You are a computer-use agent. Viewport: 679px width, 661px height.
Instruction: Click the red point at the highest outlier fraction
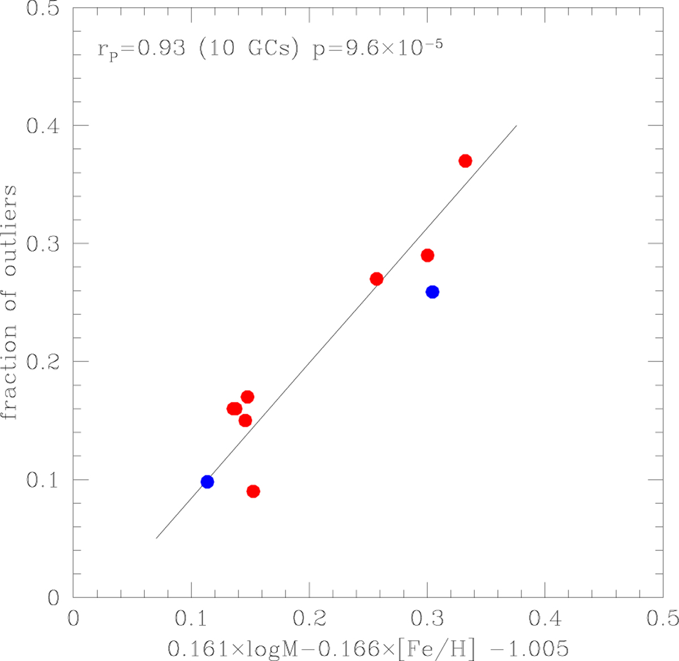pos(465,161)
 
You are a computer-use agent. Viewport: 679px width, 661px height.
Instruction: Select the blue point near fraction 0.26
pos(432,292)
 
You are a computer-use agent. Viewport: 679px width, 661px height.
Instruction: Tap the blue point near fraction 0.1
pos(207,482)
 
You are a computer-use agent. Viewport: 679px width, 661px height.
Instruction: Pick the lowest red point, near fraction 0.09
pos(253,491)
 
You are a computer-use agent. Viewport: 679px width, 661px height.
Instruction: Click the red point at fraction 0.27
pos(376,279)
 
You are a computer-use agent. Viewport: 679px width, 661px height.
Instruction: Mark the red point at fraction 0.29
pos(428,255)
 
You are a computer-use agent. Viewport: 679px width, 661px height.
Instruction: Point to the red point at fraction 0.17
pos(247,397)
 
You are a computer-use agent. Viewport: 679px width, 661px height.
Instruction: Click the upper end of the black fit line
pos(516,126)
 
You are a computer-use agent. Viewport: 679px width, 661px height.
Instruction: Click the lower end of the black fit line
pos(156,538)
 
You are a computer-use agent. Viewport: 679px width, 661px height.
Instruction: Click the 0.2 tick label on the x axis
pos(309,617)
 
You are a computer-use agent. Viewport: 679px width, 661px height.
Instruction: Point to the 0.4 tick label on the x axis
pos(545,617)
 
